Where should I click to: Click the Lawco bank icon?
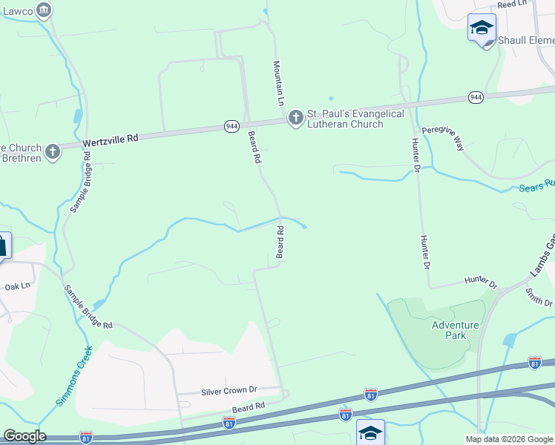pos(44,9)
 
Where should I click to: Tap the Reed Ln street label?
pos(511,4)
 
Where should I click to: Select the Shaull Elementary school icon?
pos(482,27)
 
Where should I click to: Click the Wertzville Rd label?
pos(111,139)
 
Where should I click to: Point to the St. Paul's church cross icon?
pos(296,117)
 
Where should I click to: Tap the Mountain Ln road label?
pos(279,82)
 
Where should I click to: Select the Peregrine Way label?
pos(443,138)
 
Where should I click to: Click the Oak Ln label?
pos(17,286)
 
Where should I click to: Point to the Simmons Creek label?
pos(74,376)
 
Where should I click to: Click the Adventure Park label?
pos(456,330)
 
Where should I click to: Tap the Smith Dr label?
pos(539,297)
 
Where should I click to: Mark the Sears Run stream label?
pos(536,185)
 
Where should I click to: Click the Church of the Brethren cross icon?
pos(52,152)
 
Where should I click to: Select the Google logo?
pos(24,436)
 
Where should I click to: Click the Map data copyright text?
pos(508,439)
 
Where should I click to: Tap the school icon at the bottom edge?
pos(370,432)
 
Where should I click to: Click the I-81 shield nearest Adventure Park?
pos(535,363)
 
